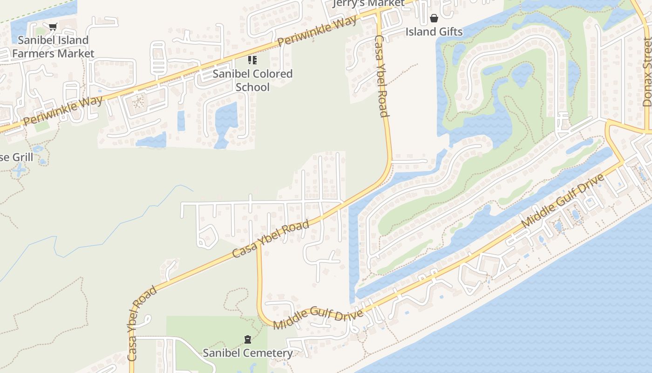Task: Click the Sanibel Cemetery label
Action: [248, 353]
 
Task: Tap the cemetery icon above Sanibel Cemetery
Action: [248, 339]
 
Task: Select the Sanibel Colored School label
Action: [252, 80]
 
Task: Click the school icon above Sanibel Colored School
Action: [252, 60]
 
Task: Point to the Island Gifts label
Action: [434, 32]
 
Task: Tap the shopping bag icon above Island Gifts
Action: [434, 18]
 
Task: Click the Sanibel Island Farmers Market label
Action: [53, 47]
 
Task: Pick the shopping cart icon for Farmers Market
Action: [53, 27]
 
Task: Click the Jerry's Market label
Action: [369, 4]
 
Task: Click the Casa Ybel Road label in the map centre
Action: [271, 239]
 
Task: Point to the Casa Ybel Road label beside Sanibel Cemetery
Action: [142, 324]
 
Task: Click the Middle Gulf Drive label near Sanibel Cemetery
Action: [318, 318]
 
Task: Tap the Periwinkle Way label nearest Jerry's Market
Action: [318, 31]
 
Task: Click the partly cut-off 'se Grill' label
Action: [16, 157]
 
